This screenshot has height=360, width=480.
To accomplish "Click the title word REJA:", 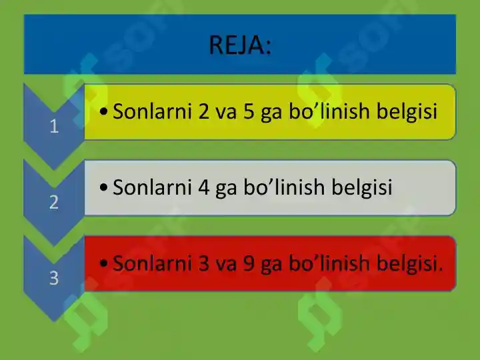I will click(240, 45).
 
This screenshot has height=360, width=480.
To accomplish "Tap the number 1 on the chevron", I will click(54, 127).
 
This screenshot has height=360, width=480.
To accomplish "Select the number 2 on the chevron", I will click(54, 203).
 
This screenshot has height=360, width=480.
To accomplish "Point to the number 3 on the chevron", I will click(54, 279).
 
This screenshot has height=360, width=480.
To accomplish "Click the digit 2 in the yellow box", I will click(204, 111).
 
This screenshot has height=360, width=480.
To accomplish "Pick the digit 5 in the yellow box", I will click(249, 111).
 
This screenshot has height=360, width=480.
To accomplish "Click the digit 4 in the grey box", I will click(204, 187).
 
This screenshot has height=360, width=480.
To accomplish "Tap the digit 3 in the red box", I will click(204, 263).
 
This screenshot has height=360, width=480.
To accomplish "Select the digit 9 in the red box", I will click(249, 263).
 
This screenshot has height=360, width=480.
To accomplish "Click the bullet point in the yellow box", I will click(101, 112).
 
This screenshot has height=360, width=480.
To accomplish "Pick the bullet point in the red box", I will click(101, 264).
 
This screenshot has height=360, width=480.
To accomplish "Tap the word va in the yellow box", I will click(227, 111).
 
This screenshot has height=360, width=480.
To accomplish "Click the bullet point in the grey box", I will click(101, 188).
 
